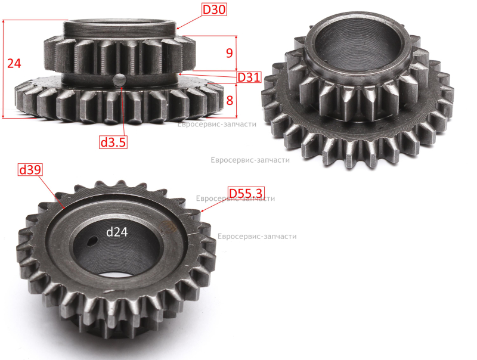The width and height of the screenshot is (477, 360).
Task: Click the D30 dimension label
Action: click(214, 10)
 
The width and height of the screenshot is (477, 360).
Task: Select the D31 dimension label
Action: click(249, 77)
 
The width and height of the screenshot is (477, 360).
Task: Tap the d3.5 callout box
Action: click(113, 142)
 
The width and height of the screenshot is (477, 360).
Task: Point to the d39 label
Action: click(30, 169)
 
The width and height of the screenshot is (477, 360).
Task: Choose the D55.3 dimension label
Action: click(245, 193)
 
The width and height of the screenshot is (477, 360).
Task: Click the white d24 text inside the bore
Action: click(117, 232)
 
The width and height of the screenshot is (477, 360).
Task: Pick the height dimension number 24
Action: click(14, 63)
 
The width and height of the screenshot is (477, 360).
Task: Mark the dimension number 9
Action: click(230, 53)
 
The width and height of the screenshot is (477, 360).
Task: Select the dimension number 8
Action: click(230, 100)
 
